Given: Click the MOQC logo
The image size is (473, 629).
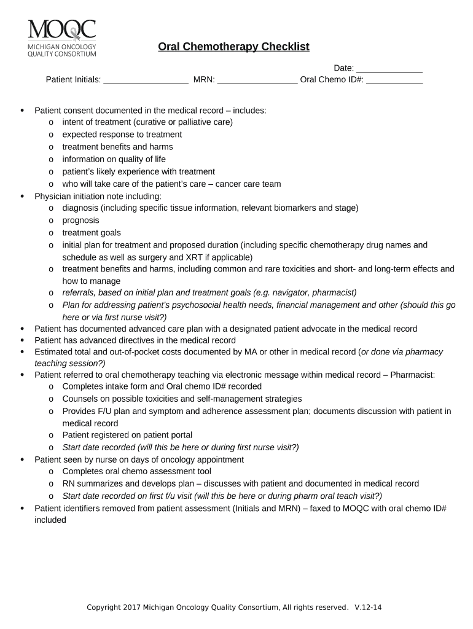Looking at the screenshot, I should coord(61,37).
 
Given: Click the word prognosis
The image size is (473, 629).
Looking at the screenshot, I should coord(80,221).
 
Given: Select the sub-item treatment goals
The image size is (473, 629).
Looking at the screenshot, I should coord(92,233).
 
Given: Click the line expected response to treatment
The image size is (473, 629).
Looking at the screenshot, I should coord(122,135).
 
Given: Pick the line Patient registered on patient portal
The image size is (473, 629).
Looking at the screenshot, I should coord(127,436).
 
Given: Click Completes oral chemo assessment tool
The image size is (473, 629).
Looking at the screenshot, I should coord(136,472).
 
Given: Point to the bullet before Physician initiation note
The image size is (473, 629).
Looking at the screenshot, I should coord(22,197).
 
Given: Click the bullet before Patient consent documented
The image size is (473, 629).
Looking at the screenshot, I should coord(22,111).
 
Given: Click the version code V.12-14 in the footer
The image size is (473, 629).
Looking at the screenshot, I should coord(369,608).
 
